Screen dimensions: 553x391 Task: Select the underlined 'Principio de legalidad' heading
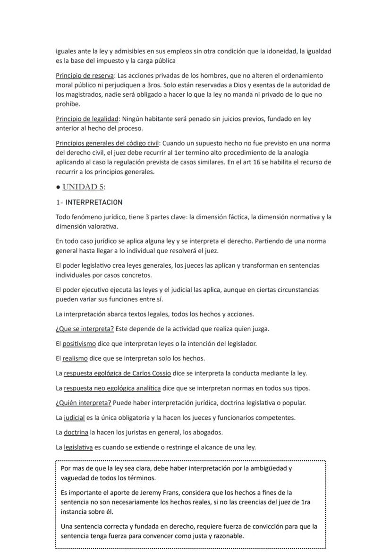[x=86, y=119]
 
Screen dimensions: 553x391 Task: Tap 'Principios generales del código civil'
[x=107, y=143]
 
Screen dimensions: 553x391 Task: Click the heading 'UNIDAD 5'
[x=83, y=187]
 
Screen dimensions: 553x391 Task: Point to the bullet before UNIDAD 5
[x=58, y=187]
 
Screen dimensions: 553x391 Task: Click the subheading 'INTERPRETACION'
[x=94, y=202]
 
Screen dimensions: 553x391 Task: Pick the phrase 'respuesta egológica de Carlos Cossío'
[x=117, y=373]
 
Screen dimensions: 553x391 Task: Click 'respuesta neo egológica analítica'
[x=112, y=388]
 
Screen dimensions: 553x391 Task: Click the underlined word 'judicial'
[x=74, y=417]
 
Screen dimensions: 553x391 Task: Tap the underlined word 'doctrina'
[x=76, y=432]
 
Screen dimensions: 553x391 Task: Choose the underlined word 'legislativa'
[x=78, y=447]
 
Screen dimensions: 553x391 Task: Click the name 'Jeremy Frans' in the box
[x=148, y=493]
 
